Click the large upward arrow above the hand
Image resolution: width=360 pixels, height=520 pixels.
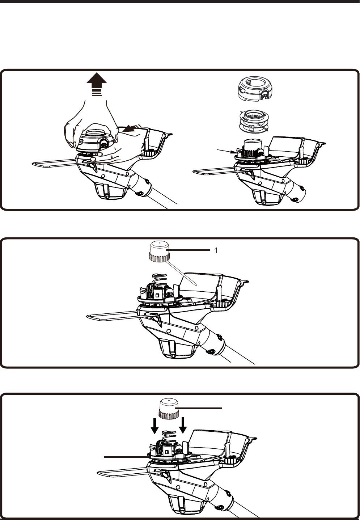coord(97,84)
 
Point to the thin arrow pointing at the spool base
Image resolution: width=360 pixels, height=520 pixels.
coord(226,151)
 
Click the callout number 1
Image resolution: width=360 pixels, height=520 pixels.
coord(216,251)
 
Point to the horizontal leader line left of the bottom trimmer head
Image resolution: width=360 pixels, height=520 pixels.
coord(126,457)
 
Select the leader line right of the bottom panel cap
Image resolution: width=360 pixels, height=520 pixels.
coord(199,408)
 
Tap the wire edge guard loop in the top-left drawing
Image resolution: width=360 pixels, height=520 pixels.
coord(63,163)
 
